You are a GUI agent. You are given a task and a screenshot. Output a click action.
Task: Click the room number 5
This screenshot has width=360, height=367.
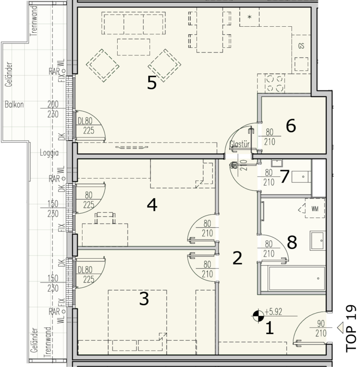[x=152, y=83]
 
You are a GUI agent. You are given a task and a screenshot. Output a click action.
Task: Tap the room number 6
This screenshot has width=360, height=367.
[x=291, y=126]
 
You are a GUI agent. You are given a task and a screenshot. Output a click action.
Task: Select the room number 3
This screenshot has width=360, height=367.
[x=144, y=299]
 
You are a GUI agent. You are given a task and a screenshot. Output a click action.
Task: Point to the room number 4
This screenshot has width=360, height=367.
[x=152, y=205]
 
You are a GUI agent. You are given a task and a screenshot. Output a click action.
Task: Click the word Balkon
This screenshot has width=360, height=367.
[x=14, y=105]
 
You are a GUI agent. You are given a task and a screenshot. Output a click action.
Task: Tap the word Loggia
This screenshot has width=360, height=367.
[x=49, y=153]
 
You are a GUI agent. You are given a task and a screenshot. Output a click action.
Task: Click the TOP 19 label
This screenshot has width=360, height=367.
[x=351, y=329]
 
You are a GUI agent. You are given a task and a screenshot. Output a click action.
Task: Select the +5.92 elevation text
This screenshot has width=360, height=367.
[x=273, y=312]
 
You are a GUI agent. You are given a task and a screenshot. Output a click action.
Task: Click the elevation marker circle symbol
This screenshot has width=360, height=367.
[x=258, y=316]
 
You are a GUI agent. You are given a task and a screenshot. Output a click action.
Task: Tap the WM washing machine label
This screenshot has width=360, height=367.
[x=315, y=209]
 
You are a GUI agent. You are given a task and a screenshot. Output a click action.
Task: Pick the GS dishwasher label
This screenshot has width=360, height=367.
[x=301, y=46]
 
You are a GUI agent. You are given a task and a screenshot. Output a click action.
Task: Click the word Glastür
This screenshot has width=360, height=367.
[x=240, y=144]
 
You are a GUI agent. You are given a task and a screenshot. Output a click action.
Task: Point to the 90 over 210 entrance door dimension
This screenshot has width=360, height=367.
[x=321, y=328]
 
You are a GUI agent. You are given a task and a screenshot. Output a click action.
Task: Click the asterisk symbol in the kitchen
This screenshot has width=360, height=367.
[x=250, y=17]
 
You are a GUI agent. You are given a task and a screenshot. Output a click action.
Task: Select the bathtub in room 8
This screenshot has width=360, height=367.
[x=297, y=278]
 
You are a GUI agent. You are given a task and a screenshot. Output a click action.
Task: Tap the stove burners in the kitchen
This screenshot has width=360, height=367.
[x=275, y=83]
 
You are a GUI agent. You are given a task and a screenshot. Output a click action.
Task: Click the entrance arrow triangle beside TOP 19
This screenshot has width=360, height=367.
[x=340, y=327]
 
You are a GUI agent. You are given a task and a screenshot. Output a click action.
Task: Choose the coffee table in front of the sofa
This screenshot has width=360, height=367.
[x=134, y=47]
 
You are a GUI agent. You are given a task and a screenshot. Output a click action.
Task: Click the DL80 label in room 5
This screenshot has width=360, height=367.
[x=85, y=121]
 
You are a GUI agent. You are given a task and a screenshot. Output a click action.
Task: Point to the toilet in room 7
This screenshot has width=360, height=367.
[x=301, y=177]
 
